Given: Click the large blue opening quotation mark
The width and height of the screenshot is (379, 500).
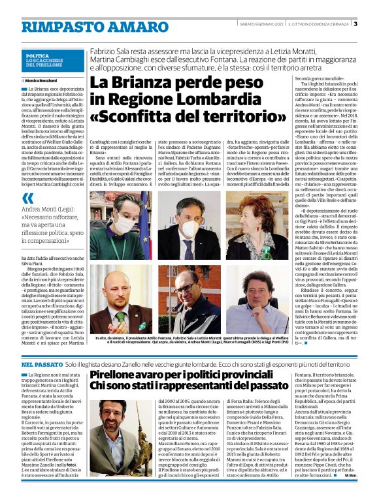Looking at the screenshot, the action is [x=27, y=198].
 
